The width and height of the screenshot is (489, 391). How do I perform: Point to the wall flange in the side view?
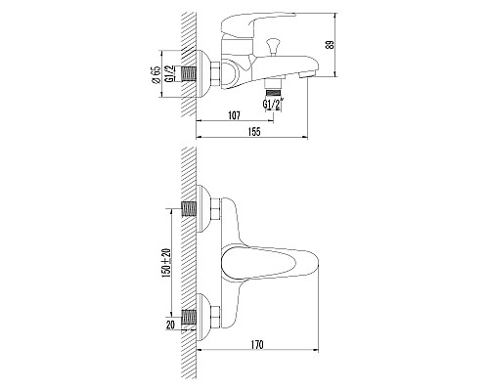click(201, 71)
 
